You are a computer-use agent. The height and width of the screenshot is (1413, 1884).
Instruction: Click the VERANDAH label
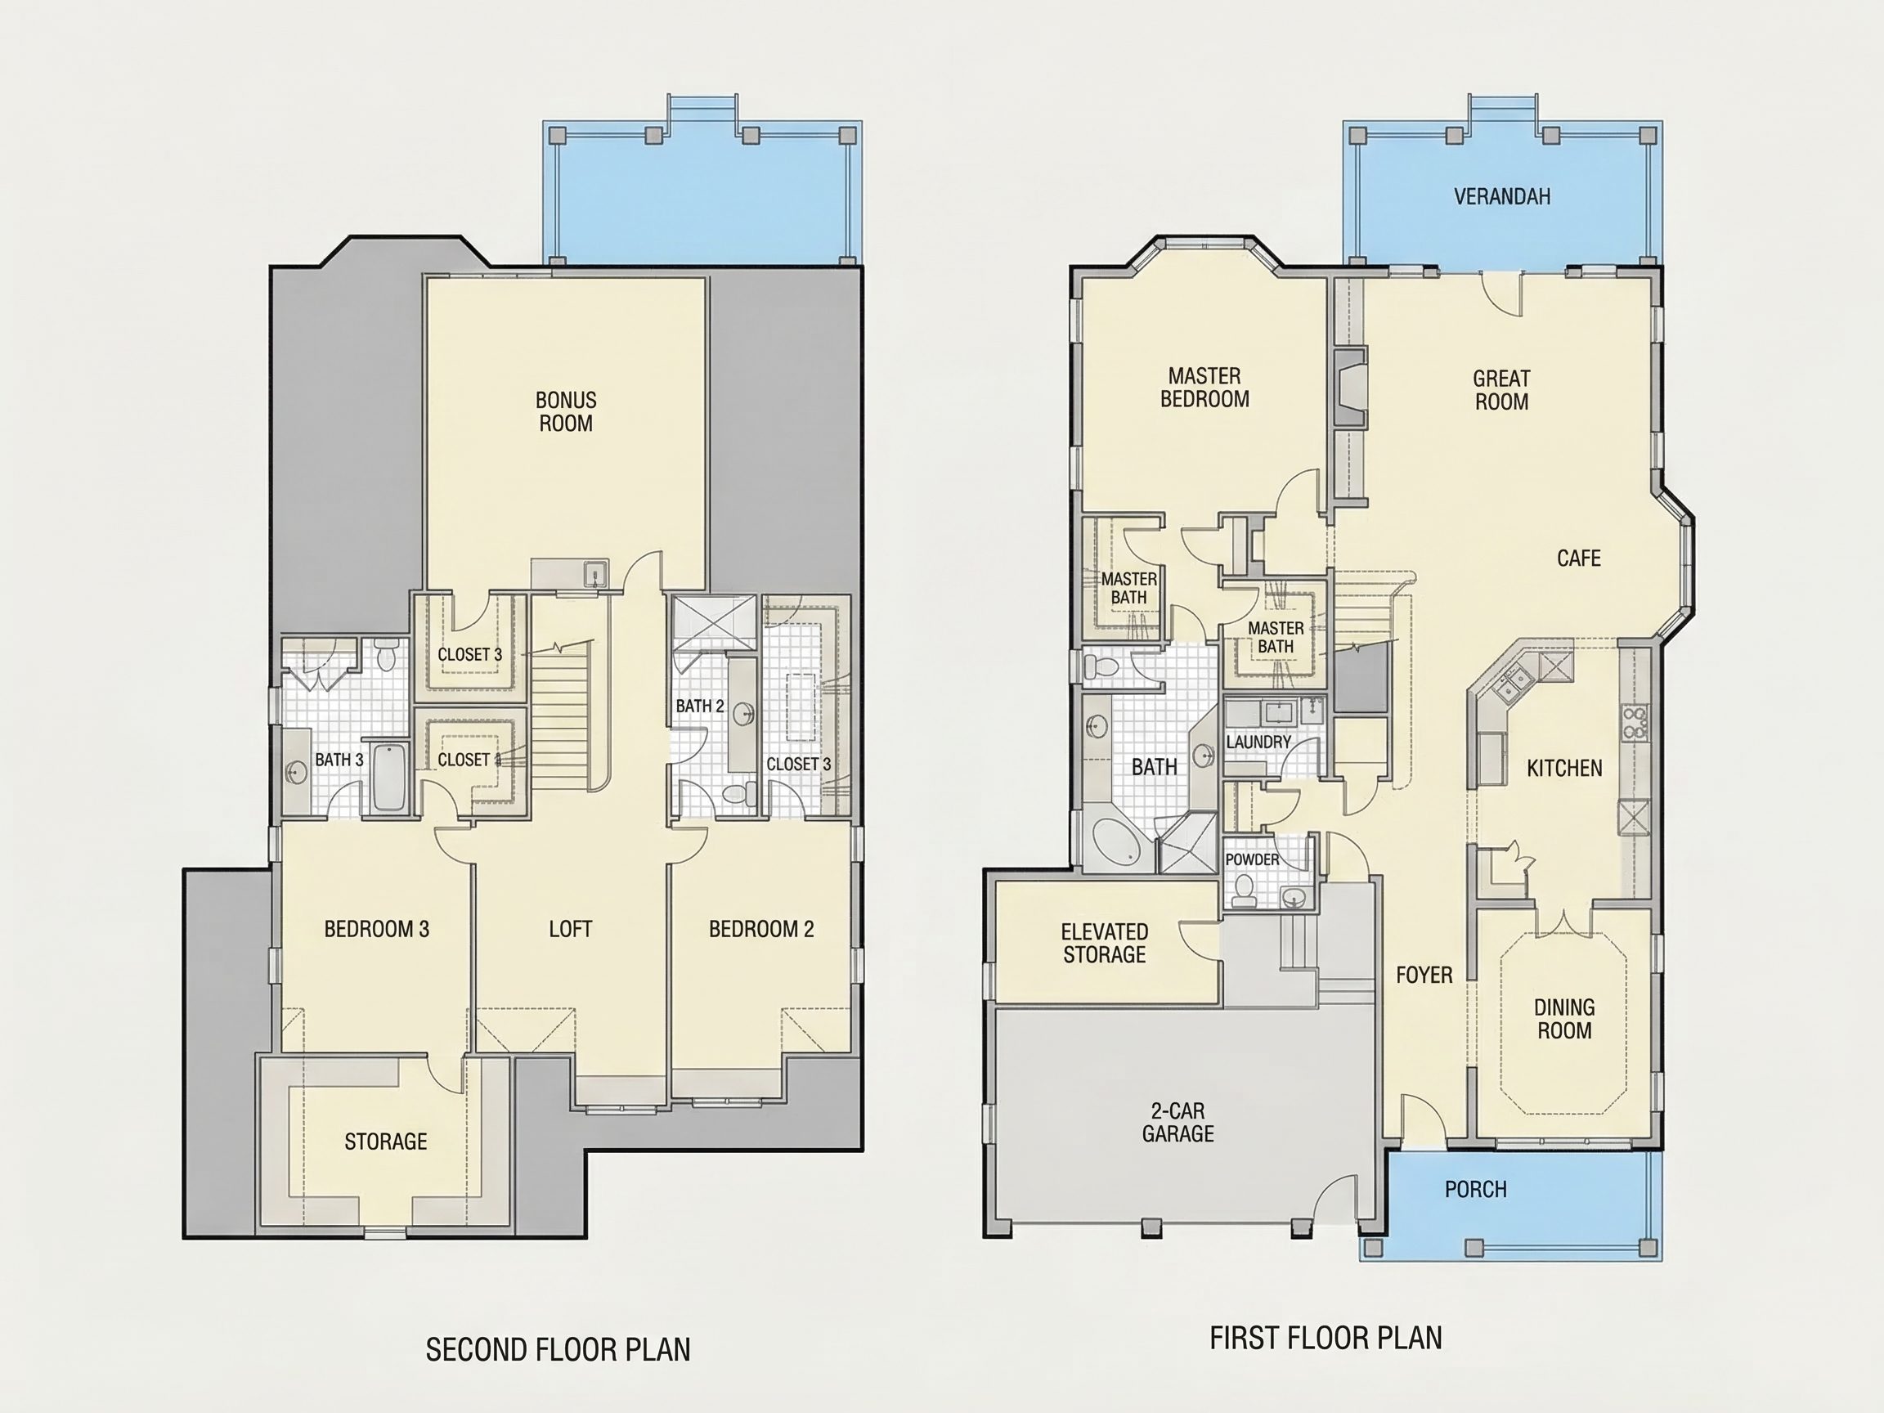coord(1501,197)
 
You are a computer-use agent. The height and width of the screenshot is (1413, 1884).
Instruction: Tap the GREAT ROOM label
coord(1501,390)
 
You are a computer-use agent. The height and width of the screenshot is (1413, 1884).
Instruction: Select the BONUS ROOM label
coord(566,411)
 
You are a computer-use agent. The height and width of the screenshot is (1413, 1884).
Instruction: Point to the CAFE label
coord(1578,558)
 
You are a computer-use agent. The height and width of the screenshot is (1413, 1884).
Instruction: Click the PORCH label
coord(1475,1189)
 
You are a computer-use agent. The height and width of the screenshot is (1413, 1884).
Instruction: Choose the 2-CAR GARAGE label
coord(1178,1122)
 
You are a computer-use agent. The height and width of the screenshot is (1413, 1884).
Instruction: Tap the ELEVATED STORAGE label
coord(1104,943)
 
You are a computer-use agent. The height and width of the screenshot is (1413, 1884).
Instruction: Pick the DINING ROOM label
coord(1563,1019)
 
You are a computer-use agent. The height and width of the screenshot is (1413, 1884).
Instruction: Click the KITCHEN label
coord(1563,769)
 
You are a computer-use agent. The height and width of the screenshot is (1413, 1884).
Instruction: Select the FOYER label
coord(1424,975)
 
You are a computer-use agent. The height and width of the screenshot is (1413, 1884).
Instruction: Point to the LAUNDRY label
coord(1258,742)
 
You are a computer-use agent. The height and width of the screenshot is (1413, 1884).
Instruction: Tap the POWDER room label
coord(1252,859)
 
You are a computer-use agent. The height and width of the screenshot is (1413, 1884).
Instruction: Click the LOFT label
coord(570,929)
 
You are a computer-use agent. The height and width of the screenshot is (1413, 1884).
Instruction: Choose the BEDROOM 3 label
coord(376,929)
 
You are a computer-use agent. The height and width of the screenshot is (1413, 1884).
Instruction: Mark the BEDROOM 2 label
coord(761,929)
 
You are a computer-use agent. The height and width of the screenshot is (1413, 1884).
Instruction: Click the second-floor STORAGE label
coord(386,1142)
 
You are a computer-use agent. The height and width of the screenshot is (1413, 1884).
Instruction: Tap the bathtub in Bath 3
coord(390,777)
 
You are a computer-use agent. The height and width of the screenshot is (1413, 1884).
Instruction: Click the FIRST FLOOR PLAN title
coord(1326,1338)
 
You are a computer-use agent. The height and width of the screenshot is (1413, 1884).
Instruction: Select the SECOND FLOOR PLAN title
coord(558,1350)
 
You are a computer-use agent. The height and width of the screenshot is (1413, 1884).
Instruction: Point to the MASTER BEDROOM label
coord(1204,388)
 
